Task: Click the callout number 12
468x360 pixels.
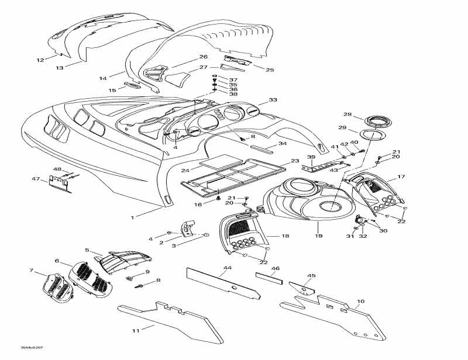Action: (x=40, y=60)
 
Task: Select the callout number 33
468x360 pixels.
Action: (x=273, y=101)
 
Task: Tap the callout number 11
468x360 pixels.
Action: (x=135, y=331)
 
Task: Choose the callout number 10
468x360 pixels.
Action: (x=360, y=302)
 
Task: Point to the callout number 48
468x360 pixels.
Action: (x=57, y=169)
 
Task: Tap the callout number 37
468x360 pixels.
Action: (x=233, y=79)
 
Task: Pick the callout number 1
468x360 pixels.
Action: (x=132, y=217)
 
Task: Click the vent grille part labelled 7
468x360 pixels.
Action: (x=57, y=286)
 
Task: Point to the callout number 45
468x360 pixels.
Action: (x=311, y=276)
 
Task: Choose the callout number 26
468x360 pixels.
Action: (x=204, y=57)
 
